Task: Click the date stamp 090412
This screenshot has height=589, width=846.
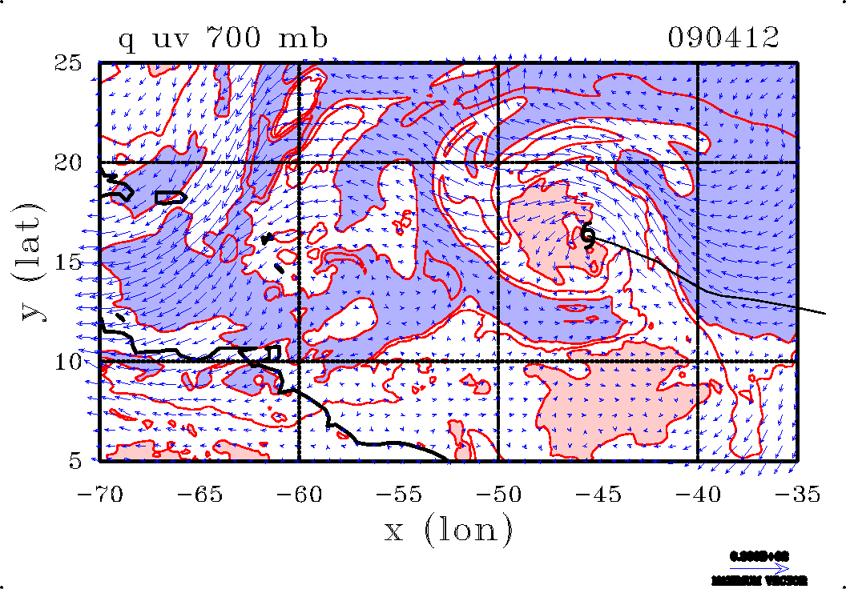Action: pyautogui.click(x=723, y=38)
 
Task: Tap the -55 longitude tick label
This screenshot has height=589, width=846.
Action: pyautogui.click(x=398, y=495)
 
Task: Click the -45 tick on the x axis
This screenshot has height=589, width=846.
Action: pyautogui.click(x=598, y=495)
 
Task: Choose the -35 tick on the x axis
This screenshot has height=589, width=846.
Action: pyautogui.click(x=797, y=495)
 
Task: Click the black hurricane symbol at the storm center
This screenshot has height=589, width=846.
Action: pyautogui.click(x=587, y=235)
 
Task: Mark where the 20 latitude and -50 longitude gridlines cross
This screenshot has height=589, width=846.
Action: pyautogui.click(x=498, y=162)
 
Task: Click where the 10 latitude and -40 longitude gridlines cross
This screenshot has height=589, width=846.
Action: pyautogui.click(x=698, y=362)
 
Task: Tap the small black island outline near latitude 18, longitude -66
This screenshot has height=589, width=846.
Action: pyautogui.click(x=171, y=196)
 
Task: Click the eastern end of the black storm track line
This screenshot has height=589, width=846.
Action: pyautogui.click(x=824, y=313)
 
